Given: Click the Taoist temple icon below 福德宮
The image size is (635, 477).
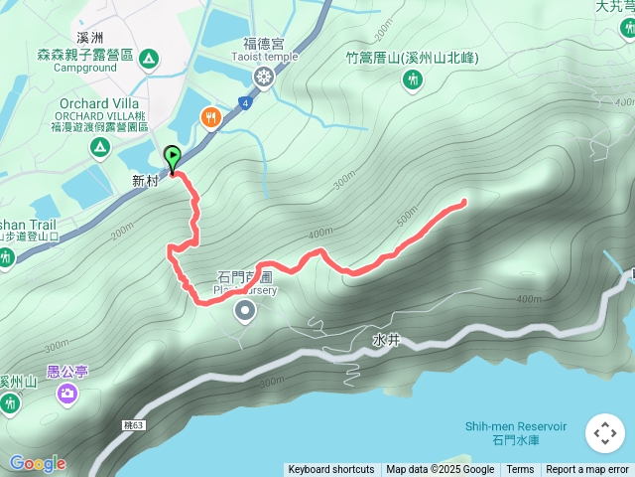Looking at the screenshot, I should [x=263, y=77].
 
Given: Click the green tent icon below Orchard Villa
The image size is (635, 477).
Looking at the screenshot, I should [x=99, y=148].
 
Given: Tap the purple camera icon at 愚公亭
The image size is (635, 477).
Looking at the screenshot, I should [x=66, y=394].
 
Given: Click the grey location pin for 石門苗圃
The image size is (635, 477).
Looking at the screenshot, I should [x=245, y=313].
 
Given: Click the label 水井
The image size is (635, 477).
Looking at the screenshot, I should [x=386, y=339].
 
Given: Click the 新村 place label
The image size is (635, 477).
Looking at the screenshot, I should [x=145, y=181].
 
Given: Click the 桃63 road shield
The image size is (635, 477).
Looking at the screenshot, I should [x=134, y=425].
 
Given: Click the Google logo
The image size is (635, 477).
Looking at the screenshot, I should [x=37, y=463].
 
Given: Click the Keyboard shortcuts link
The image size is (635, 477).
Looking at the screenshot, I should [x=331, y=470].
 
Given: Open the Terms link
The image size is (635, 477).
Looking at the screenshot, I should [x=520, y=470].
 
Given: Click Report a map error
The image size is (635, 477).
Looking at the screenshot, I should [x=587, y=470].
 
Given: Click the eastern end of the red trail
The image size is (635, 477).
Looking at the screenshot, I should [x=463, y=203].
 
